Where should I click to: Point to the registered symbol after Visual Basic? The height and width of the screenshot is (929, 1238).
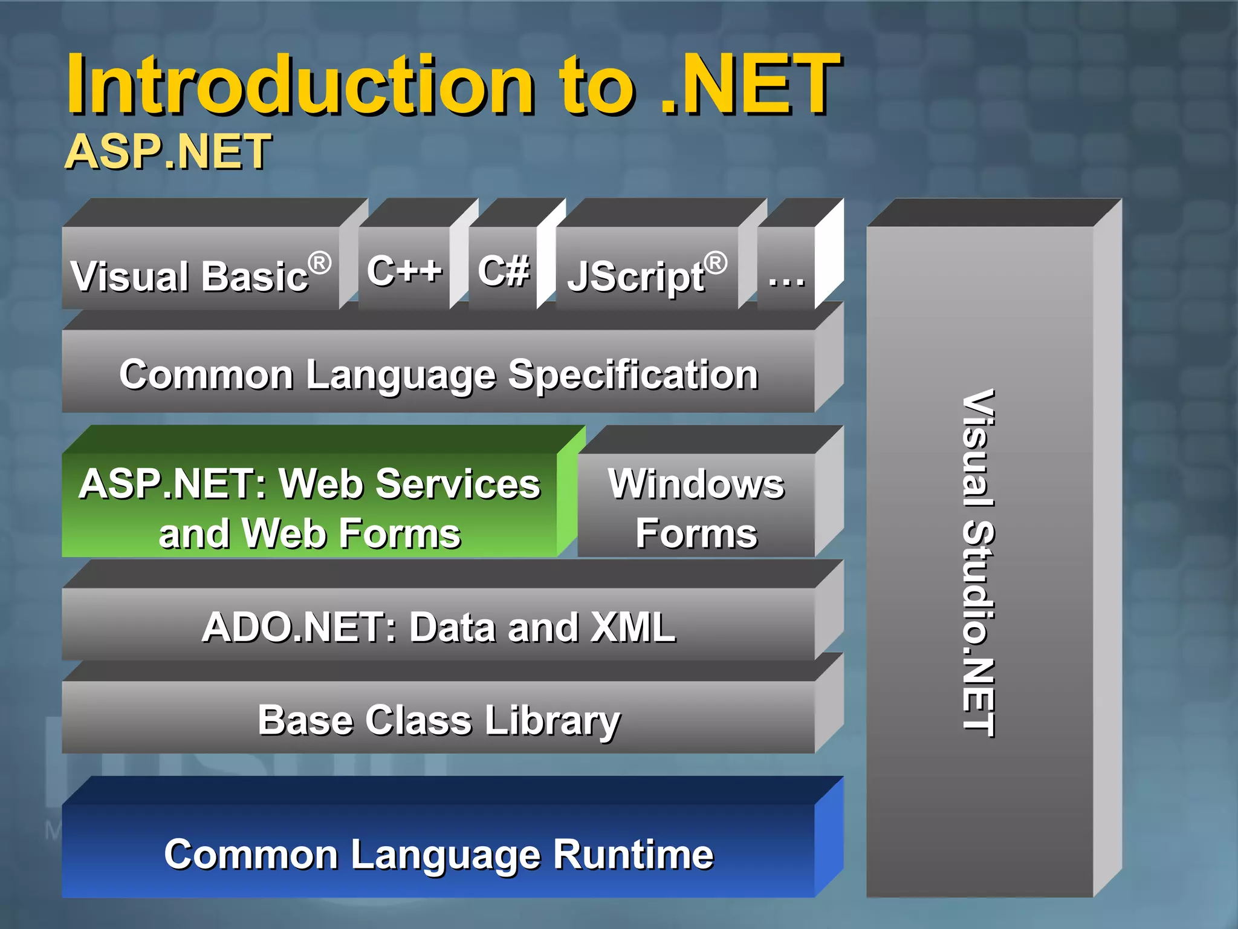[319, 263]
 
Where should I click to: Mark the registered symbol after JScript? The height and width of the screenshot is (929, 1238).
[715, 263]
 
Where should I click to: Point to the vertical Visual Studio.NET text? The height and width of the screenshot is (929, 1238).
[978, 562]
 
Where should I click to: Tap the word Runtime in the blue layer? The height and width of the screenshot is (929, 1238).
[633, 854]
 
